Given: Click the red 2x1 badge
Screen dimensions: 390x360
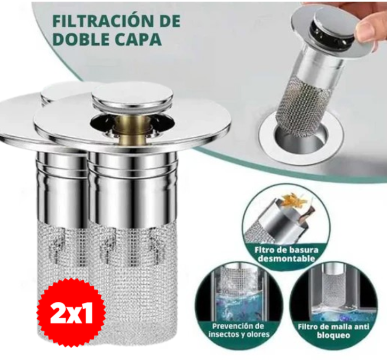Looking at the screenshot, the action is click(x=71, y=315).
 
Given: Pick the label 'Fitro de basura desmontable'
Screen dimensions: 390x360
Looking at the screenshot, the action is click(x=286, y=254).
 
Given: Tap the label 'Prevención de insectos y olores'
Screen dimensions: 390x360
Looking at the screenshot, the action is click(x=239, y=330).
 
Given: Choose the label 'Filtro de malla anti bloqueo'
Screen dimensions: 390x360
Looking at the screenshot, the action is click(x=333, y=331).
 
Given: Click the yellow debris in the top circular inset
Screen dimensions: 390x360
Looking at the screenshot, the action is click(x=292, y=200).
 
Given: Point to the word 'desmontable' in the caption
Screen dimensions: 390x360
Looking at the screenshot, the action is click(x=286, y=259).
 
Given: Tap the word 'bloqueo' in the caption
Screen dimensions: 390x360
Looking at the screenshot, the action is click(x=333, y=335).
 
